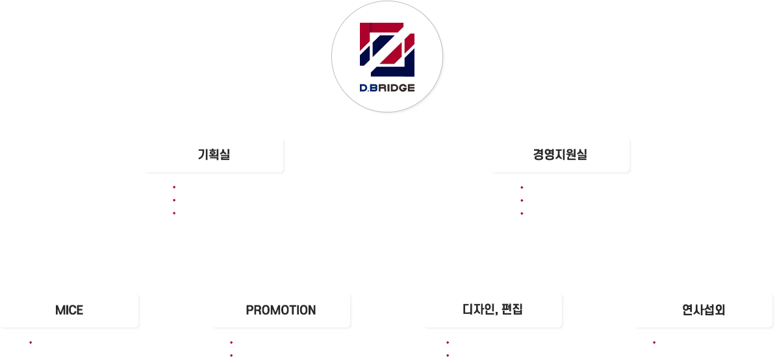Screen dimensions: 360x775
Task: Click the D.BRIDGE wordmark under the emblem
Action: click(387, 88)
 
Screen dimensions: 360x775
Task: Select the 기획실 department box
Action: click(214, 155)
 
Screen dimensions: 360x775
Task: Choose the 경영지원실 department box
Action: click(560, 155)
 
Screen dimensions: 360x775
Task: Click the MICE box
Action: click(69, 310)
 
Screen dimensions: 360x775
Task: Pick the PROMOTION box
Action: click(281, 310)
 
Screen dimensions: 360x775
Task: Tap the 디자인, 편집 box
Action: click(492, 310)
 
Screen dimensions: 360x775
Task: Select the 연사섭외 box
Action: click(703, 310)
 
